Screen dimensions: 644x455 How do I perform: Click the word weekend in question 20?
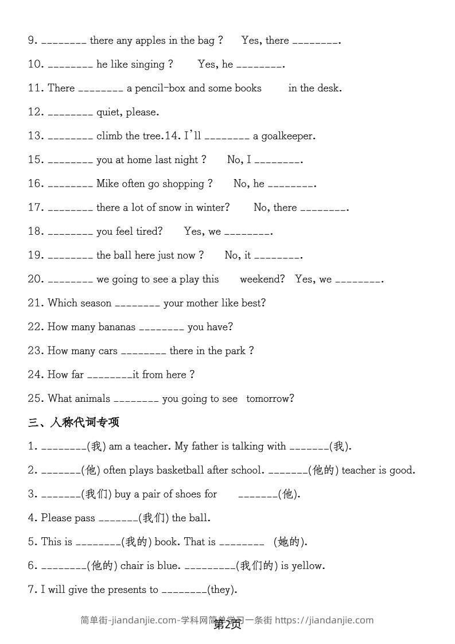click(x=262, y=279)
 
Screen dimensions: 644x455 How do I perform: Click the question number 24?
click(x=36, y=375)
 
